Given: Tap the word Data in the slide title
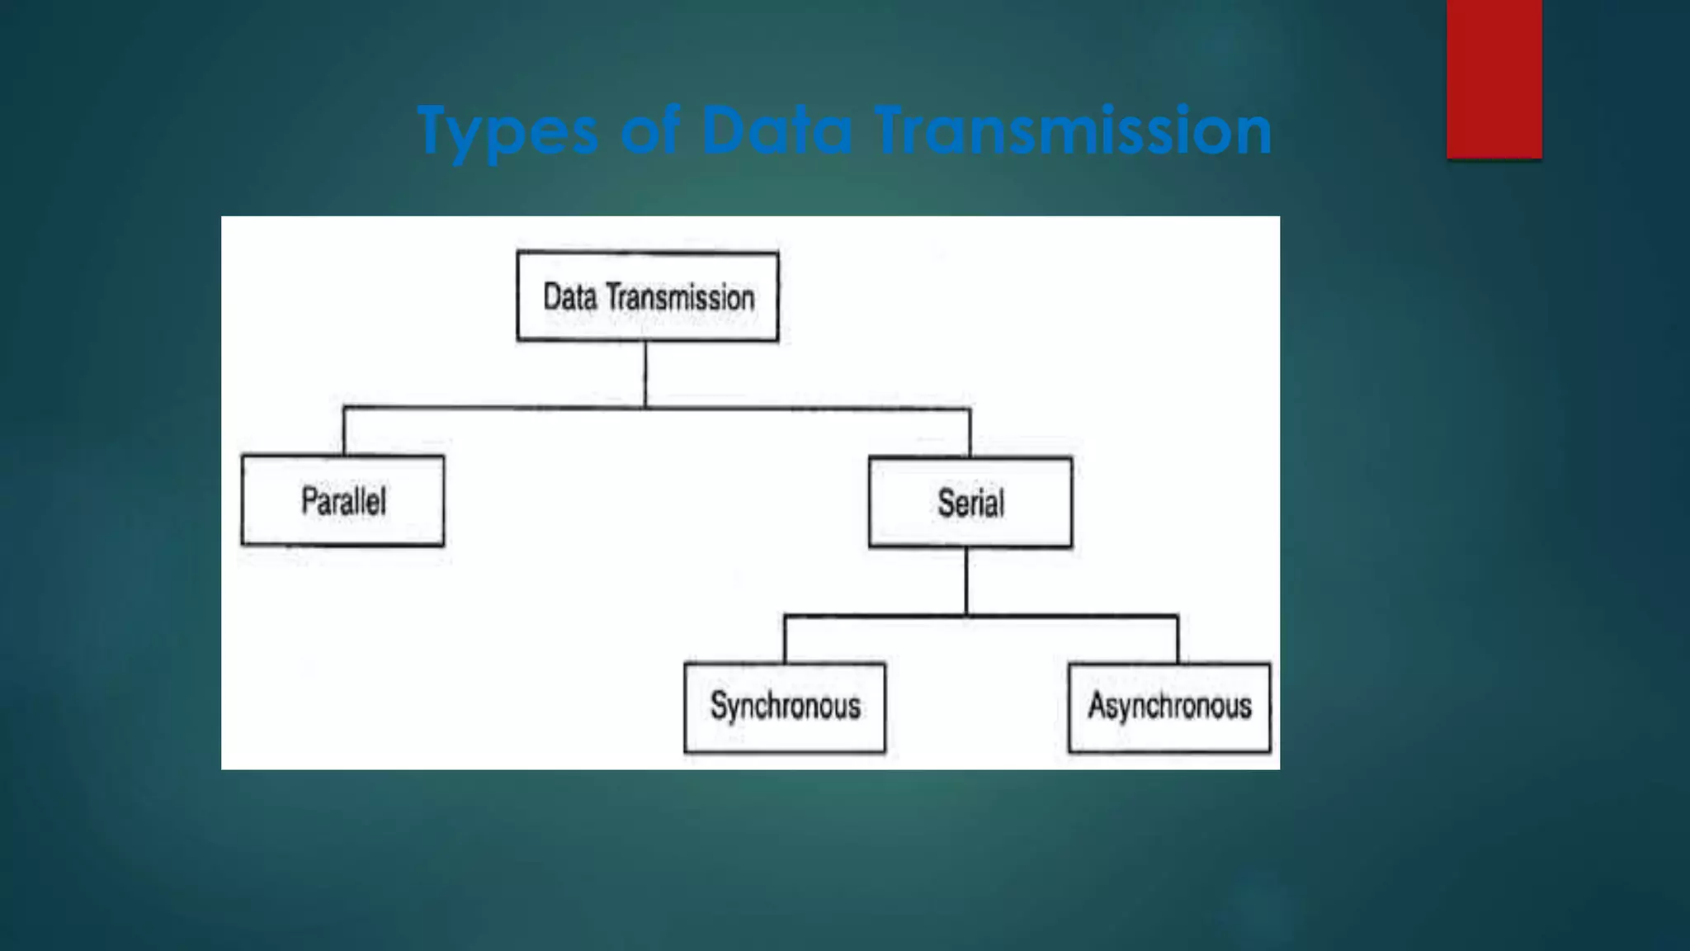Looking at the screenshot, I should tap(776, 130).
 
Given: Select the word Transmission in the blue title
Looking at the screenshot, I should tap(1073, 130).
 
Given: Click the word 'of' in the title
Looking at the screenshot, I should tap(650, 130).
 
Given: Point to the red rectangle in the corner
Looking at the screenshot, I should tap(1494, 78).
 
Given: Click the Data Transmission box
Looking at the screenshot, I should tap(648, 296).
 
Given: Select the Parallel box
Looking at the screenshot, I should tap(342, 501).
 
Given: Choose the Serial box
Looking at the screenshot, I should tap(970, 503).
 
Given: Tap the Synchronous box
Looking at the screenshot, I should tap(785, 707).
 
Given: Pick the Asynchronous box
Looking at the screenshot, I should tap(1169, 707).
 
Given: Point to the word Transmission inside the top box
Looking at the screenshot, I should tap(681, 298).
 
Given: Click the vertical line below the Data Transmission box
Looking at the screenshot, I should tap(645, 373).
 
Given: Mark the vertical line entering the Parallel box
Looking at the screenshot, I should tap(344, 431).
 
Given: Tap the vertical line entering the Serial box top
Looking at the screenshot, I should tap(970, 433).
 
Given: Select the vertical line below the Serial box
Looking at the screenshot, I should tap(966, 581).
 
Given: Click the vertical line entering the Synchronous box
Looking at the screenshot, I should tap(785, 639).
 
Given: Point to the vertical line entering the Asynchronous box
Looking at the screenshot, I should tap(1178, 639).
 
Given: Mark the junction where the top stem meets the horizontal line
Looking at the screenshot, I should tap(645, 407).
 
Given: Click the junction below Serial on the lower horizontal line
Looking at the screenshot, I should tap(966, 616).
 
